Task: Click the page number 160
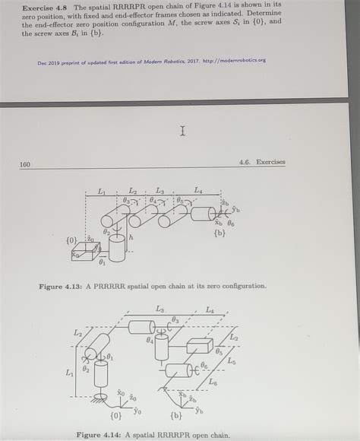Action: coord(25,163)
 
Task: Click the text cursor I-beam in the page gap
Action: coord(183,132)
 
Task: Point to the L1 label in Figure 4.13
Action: coord(102,192)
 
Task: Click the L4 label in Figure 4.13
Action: coord(198,190)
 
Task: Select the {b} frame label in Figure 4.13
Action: coord(219,233)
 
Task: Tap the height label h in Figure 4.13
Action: coord(131,238)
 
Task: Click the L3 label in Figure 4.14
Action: coord(159,309)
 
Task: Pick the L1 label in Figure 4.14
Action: coord(70,373)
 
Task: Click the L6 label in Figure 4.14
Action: coord(213,382)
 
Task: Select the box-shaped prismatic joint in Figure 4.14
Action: coord(199,347)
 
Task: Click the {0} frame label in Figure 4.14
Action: coord(115,416)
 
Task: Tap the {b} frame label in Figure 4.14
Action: coord(176,416)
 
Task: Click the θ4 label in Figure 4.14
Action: coord(150,341)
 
